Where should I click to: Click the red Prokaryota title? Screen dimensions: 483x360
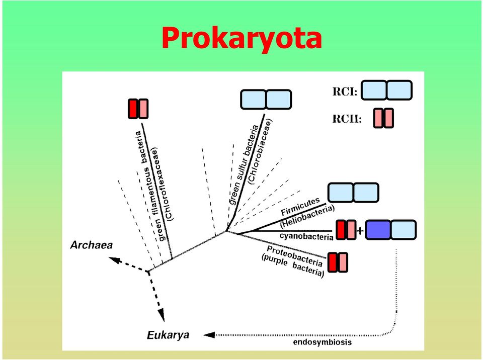(x=242, y=38)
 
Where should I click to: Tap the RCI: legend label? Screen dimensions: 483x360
(x=345, y=92)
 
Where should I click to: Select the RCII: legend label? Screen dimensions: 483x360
(x=347, y=119)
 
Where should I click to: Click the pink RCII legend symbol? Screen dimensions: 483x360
(x=383, y=118)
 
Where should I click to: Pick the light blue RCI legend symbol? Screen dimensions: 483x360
(x=386, y=90)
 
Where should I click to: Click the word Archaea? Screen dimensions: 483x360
(x=92, y=245)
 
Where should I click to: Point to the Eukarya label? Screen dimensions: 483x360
(x=168, y=335)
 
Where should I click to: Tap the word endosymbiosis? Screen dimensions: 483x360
(x=322, y=342)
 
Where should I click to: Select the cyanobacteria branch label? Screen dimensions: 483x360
(x=306, y=236)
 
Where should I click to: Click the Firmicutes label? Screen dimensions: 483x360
(x=300, y=207)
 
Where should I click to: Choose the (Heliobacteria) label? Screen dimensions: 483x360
(x=307, y=217)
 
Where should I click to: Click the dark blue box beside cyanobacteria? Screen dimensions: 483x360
(x=378, y=230)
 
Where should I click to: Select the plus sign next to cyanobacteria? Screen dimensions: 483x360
(x=360, y=230)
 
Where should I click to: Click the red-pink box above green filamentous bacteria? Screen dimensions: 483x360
(x=138, y=109)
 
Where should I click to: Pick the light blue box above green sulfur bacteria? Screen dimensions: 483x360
(x=266, y=100)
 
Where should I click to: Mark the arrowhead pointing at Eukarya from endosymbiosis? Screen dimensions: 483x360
(x=209, y=335)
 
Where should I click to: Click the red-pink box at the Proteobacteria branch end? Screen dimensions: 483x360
(x=338, y=262)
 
